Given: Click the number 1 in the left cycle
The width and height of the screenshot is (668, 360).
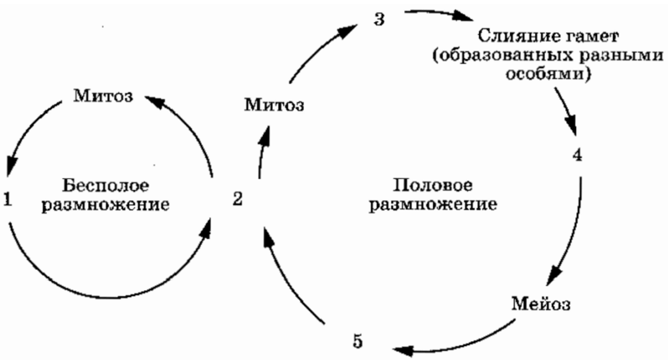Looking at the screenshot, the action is pyautogui.click(x=8, y=200).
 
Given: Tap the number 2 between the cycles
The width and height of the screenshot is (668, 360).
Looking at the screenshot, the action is pyautogui.click(x=238, y=199).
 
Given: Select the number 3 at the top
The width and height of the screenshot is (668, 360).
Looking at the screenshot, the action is pyautogui.click(x=379, y=20).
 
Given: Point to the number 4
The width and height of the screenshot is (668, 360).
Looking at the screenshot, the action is pyautogui.click(x=577, y=155).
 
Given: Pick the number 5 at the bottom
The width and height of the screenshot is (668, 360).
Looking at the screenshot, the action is pyautogui.click(x=358, y=341).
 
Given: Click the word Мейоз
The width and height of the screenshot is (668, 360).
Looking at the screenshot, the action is pyautogui.click(x=541, y=304).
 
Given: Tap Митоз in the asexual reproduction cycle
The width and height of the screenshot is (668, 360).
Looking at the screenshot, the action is pyautogui.click(x=103, y=96).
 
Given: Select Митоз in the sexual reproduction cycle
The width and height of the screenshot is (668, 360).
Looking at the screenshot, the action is pyautogui.click(x=274, y=105).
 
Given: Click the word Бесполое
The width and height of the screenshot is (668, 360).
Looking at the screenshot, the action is pyautogui.click(x=106, y=185).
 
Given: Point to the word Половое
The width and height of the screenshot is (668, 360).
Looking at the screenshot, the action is pyautogui.click(x=433, y=185).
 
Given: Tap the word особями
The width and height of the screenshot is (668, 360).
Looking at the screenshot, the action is pyautogui.click(x=548, y=74).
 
